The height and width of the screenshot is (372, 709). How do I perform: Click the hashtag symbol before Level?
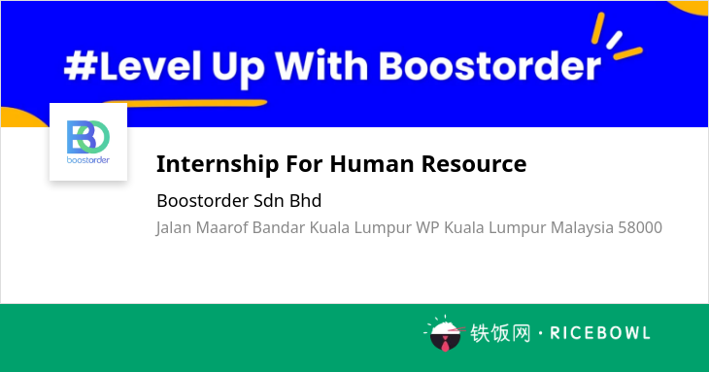(81, 66)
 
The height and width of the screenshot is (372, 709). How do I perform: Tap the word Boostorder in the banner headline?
(490, 66)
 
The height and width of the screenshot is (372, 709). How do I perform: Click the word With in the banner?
(321, 66)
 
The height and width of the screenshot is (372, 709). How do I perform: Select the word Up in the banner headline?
(238, 69)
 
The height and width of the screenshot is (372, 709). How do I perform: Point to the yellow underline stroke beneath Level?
(186, 103)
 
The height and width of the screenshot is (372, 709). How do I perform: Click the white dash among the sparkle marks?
(615, 40)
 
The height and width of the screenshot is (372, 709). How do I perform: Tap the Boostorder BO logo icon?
(88, 137)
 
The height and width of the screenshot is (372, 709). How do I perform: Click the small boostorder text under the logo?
(88, 160)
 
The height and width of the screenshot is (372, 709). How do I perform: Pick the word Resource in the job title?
(474, 163)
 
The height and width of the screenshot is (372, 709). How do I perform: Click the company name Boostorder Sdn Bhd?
(239, 201)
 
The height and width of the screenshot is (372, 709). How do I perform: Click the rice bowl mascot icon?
(446, 334)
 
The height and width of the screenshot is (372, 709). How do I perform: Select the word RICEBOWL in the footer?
(600, 333)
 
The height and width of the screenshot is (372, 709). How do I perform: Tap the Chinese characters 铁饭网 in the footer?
(500, 333)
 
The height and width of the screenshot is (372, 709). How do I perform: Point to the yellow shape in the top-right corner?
(689, 8)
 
